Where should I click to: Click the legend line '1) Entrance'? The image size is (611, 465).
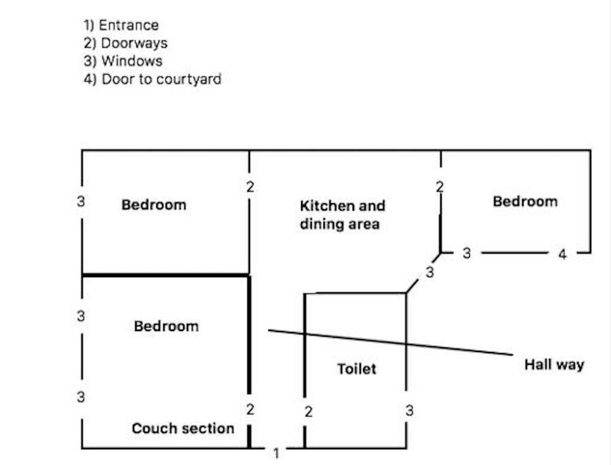pos(121,25)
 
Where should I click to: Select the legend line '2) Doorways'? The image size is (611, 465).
pos(125,43)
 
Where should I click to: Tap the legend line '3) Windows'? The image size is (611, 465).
pos(123,61)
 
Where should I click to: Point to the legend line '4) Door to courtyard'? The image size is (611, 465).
pos(152,79)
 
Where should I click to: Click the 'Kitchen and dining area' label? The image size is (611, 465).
pos(342,214)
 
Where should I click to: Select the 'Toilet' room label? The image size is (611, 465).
pos(356,369)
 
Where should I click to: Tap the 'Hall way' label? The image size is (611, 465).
pos(554,365)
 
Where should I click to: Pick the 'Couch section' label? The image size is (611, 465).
pos(183,428)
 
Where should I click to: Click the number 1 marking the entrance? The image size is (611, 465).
pos(276,453)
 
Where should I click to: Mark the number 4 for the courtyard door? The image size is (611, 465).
pos(562,255)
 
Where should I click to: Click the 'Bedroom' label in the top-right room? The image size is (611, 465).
pos(525,202)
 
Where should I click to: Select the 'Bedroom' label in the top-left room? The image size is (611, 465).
pos(154,204)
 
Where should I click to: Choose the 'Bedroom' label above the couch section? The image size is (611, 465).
pos(167,326)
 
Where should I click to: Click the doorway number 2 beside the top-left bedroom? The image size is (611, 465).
pos(250,187)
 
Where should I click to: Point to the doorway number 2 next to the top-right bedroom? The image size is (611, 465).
pos(440,187)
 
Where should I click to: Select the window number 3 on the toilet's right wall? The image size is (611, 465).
pos(409,411)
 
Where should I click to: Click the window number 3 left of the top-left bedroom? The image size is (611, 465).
pos(81,202)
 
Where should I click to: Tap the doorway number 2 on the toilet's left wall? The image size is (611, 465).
pos(309,412)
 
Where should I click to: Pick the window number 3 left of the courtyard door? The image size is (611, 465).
pos(466,253)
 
